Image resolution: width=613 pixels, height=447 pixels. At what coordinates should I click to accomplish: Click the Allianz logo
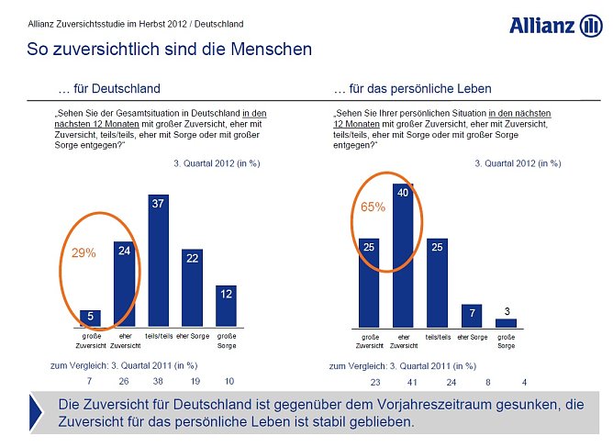click(x=555, y=25)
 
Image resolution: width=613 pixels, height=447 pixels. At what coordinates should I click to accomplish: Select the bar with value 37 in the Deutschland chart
click(x=159, y=262)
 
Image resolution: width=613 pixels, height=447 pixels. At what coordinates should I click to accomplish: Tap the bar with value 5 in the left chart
click(x=90, y=318)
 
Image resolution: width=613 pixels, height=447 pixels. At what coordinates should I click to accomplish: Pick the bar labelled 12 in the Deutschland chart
click(x=227, y=306)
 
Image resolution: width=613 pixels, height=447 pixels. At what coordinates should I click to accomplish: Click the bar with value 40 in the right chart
click(x=403, y=256)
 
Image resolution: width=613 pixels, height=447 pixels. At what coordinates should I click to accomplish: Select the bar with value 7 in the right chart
click(x=471, y=316)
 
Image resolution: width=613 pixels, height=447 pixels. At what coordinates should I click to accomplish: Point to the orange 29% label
click(x=84, y=252)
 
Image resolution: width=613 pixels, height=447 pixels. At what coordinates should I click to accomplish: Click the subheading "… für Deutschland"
click(x=108, y=89)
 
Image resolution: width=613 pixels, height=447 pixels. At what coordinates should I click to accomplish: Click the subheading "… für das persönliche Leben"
click(x=412, y=89)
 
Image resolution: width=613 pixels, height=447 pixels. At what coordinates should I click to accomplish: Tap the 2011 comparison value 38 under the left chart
click(x=158, y=381)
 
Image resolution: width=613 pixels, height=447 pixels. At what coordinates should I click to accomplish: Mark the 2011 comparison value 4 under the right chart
click(x=523, y=381)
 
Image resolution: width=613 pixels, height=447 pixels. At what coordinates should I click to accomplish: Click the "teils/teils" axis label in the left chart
click(x=159, y=337)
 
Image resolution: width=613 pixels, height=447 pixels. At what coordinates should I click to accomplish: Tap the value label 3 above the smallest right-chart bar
click(x=507, y=312)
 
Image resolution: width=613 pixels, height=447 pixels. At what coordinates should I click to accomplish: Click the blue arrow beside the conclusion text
click(x=38, y=412)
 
